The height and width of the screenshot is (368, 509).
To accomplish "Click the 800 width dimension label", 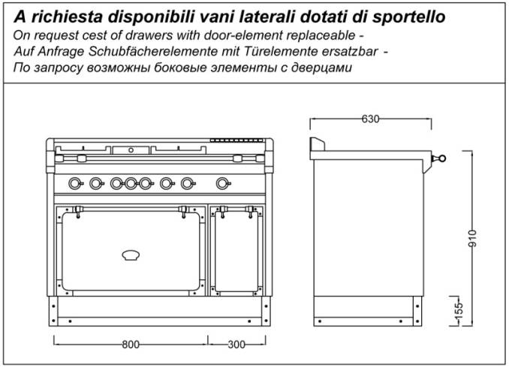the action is click(131, 344).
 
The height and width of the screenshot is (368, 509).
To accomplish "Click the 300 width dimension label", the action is click(236, 344).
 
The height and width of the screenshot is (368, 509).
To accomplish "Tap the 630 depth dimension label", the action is click(370, 119).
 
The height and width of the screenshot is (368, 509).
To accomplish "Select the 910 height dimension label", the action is click(473, 238).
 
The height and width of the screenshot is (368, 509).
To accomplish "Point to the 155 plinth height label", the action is click(459, 312).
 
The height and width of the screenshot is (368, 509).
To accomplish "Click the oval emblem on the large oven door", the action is click(131, 255).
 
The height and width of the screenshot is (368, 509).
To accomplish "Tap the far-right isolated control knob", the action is click(223, 183).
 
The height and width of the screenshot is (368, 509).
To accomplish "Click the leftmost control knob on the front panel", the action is click(75, 183).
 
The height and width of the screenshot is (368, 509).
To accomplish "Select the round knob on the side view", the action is click(441, 158).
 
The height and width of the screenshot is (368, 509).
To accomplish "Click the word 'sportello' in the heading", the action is click(408, 17).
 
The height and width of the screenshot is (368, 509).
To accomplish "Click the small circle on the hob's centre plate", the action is click(131, 150).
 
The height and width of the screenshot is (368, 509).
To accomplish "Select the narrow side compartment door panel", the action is click(236, 252).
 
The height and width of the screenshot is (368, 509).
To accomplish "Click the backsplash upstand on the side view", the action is click(318, 144).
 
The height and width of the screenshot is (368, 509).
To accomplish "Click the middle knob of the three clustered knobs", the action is click(131, 183).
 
